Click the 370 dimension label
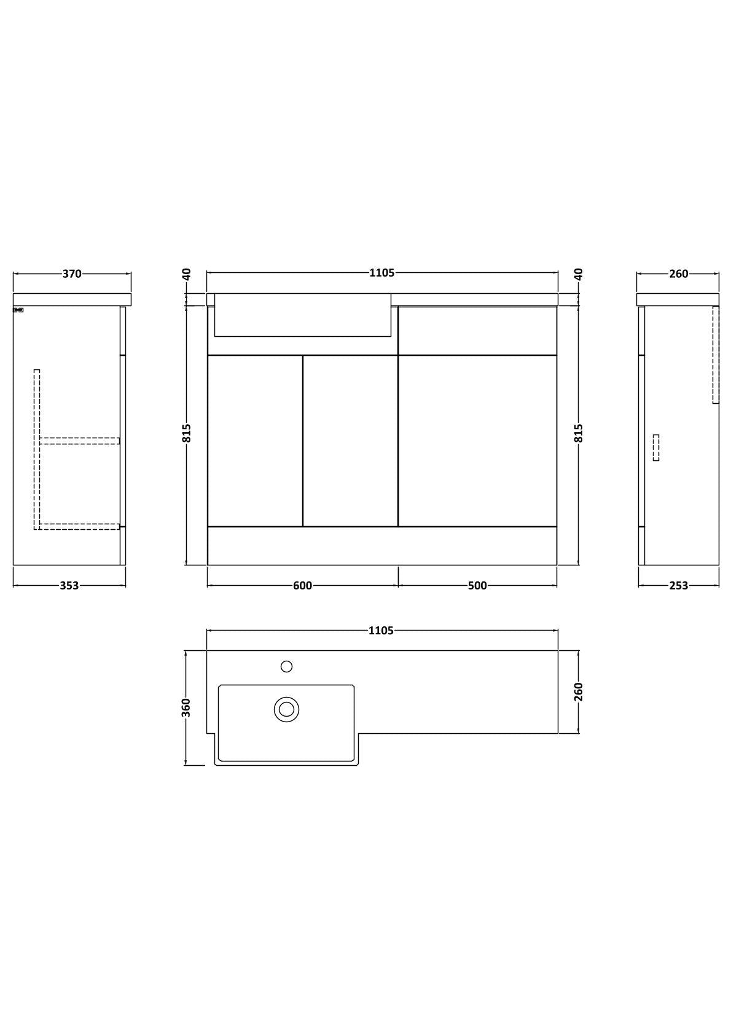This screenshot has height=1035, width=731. pos(72,274)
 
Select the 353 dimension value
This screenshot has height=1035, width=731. pos(69,586)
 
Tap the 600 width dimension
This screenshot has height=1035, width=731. pos(302,586)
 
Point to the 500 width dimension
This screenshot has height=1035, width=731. pos(477,586)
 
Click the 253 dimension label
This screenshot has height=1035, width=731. pos(679,586)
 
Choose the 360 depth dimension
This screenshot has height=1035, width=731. pos(186,707)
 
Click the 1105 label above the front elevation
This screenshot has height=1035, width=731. pos(382,273)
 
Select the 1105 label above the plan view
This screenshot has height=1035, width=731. pos(381,631)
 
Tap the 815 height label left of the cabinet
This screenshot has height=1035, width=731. pos(187,433)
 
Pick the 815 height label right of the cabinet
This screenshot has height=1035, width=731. pos(579,433)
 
